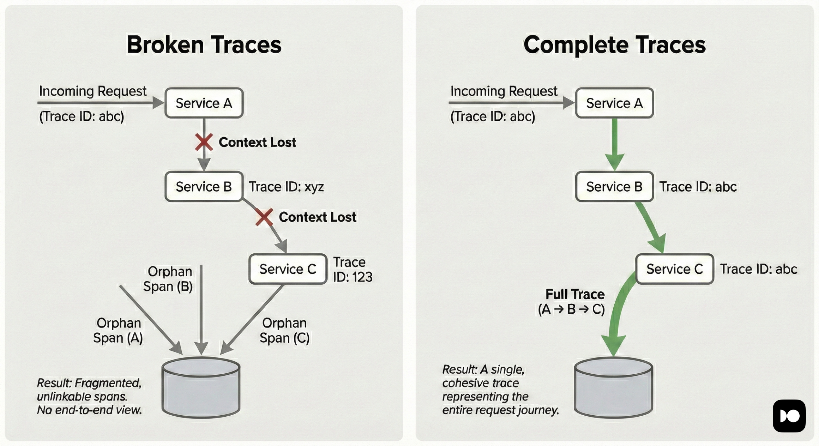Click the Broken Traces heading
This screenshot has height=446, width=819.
pyautogui.click(x=204, y=45)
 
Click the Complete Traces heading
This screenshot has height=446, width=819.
pyautogui.click(x=614, y=45)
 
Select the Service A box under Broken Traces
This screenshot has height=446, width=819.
pyautogui.click(x=204, y=103)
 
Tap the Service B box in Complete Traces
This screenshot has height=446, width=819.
pyautogui.click(x=614, y=187)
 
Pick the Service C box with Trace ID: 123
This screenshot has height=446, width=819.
pyautogui.click(x=288, y=269)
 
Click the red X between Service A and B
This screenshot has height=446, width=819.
pyautogui.click(x=204, y=142)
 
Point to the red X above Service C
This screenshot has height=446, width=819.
pyautogui.click(x=264, y=217)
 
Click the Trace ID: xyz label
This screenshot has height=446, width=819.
pyautogui.click(x=286, y=187)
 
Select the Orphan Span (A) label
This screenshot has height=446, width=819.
pyautogui.click(x=118, y=330)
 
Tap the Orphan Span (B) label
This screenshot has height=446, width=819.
pyautogui.click(x=168, y=279)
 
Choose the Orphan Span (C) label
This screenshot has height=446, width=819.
pyautogui.click(x=284, y=330)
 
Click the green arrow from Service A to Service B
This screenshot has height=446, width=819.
pyautogui.click(x=614, y=144)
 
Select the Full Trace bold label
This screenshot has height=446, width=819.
pyautogui.click(x=575, y=294)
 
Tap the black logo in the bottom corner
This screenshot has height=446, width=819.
pyautogui.click(x=789, y=416)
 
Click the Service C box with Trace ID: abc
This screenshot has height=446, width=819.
pyautogui.click(x=674, y=269)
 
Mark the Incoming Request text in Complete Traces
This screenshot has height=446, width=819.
pyautogui.click(x=504, y=91)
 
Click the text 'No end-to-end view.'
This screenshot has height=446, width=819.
pyautogui.click(x=89, y=410)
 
